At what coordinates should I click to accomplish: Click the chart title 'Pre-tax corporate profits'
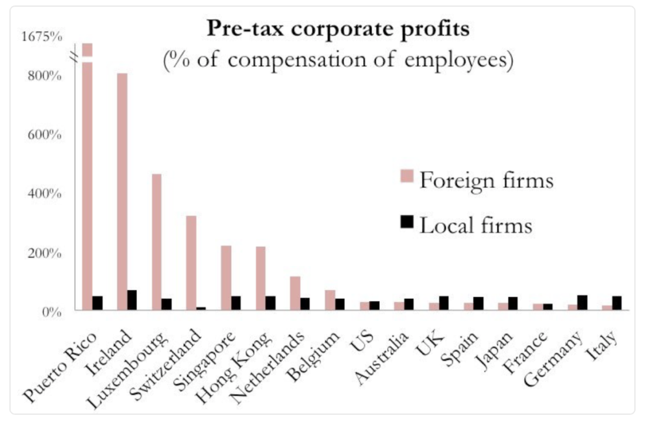[x=338, y=29]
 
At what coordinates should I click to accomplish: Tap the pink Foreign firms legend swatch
[x=407, y=176]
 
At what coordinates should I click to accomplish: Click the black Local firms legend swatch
[x=407, y=222]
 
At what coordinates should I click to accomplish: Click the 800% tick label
[x=44, y=76]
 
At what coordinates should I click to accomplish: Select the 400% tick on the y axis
[x=44, y=194]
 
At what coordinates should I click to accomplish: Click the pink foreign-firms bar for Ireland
[x=122, y=192]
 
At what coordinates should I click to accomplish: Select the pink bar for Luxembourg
[x=157, y=242]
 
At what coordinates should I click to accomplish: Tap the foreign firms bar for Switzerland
[x=191, y=263]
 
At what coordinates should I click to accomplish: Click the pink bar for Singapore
[x=226, y=278]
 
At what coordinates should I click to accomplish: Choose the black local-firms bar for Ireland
[x=132, y=300]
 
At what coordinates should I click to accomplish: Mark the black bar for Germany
[x=582, y=303]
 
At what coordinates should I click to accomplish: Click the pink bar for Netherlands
[x=295, y=294]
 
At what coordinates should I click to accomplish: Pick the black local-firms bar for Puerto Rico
[x=97, y=304]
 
